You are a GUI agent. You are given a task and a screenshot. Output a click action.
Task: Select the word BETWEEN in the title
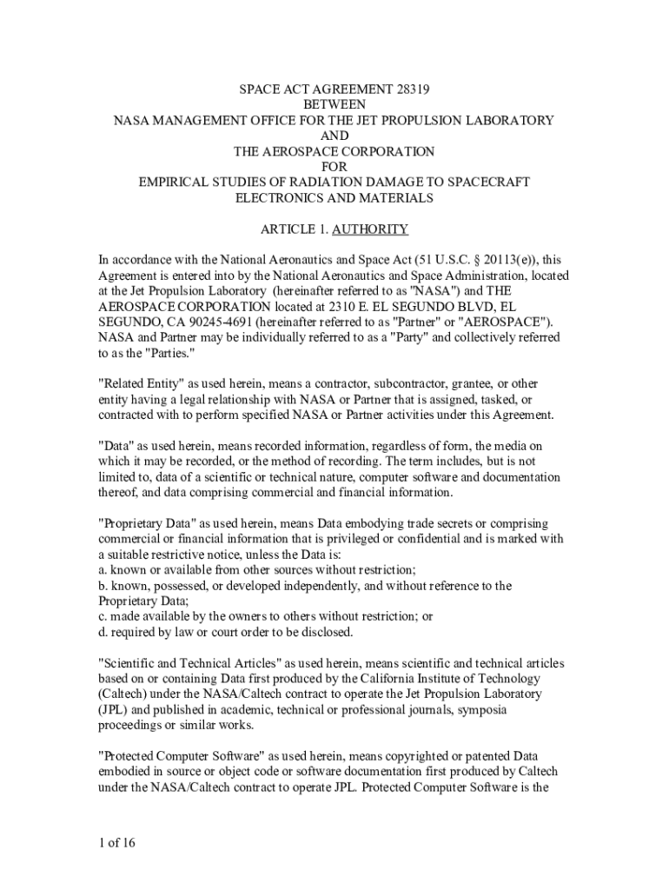click(x=334, y=104)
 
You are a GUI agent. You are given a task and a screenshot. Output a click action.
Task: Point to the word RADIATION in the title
click(x=321, y=183)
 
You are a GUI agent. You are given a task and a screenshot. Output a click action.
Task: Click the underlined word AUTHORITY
click(x=369, y=229)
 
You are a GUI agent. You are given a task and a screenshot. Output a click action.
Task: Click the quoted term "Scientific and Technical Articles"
click(x=189, y=663)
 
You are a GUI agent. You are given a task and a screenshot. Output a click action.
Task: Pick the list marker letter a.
click(x=101, y=570)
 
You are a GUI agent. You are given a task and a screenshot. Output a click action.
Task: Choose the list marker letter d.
click(x=102, y=633)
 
